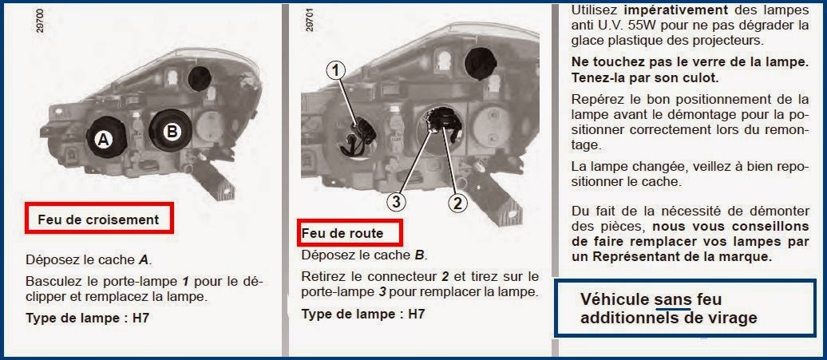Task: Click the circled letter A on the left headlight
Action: point(102,140)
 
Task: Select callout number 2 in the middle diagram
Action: point(457,203)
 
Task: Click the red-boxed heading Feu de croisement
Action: point(98,219)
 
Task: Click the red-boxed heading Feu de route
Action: point(342,233)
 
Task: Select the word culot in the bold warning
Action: point(699,78)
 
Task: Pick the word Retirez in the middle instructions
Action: point(323,276)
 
